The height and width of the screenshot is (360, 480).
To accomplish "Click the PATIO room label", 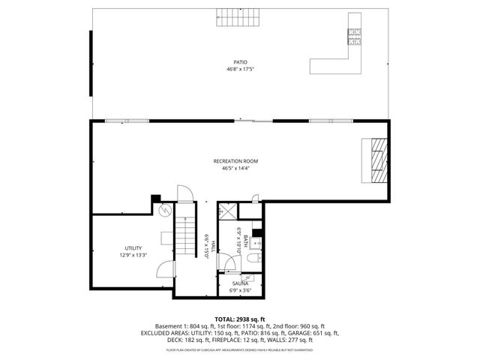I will coord(240,62).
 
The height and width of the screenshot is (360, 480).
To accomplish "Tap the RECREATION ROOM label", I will coord(235,161).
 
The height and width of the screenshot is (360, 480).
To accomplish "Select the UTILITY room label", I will coord(133,248).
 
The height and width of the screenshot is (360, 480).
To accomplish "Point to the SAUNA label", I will coord(240,283).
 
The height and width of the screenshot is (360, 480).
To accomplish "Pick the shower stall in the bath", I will coord(229,212).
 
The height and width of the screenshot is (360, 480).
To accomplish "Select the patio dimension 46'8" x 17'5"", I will coord(240,69).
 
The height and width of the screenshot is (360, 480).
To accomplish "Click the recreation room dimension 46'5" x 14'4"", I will coord(235,168).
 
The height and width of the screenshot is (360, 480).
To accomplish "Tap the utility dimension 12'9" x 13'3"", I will coord(133,255).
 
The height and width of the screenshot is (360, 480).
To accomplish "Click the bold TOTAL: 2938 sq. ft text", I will coord(240,319).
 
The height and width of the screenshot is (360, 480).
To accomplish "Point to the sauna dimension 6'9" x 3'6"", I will coord(240,289).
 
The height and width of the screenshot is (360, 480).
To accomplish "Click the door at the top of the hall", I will coord(184,193).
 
